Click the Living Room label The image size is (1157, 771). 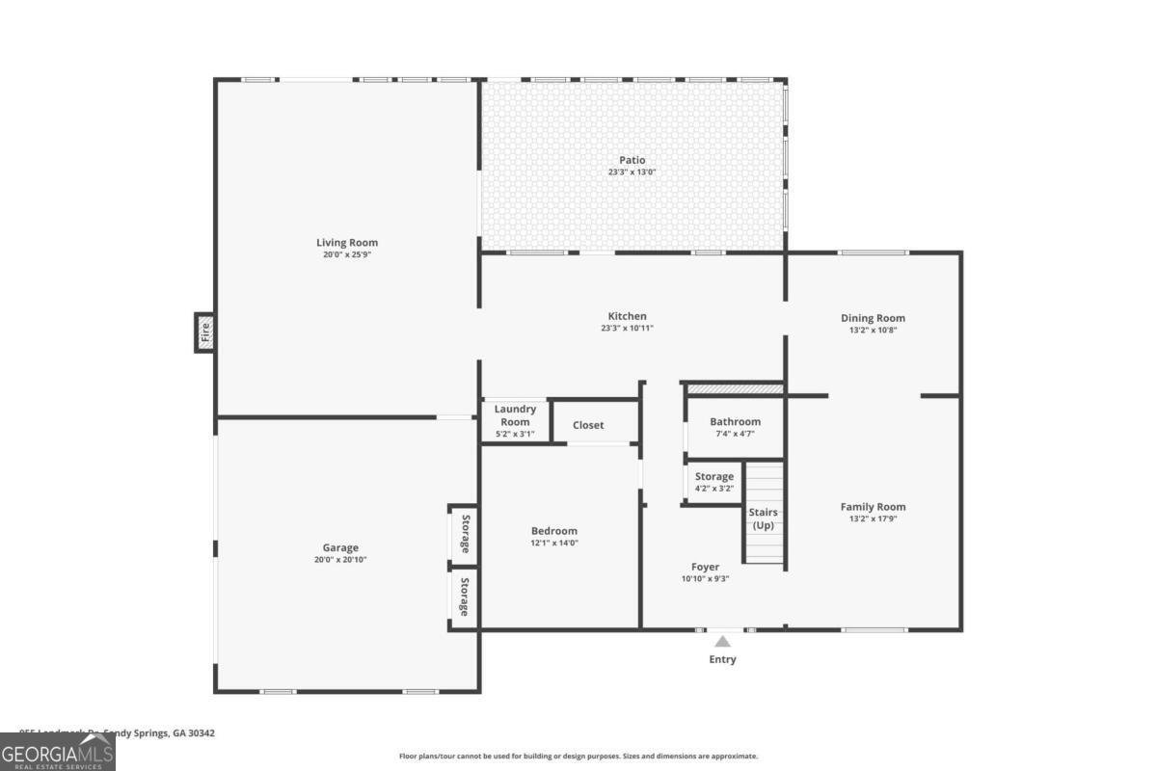point(347,243)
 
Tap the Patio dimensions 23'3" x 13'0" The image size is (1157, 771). point(632,173)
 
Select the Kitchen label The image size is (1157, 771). point(627,316)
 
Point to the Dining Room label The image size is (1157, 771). point(873,318)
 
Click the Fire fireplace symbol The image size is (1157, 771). point(204,332)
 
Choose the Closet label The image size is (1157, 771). point(588,425)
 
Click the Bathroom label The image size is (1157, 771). point(735,421)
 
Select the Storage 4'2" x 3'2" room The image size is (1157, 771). point(713,482)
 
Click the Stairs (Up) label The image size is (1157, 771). point(763,518)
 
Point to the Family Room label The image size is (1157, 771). point(873,507)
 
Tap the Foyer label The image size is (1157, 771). point(705,567)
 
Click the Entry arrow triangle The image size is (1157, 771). point(722,641)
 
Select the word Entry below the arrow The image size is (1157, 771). point(722,659)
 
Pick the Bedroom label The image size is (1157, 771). point(554,531)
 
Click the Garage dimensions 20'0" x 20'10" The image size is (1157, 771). point(340,560)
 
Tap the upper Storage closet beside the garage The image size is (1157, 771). point(464,533)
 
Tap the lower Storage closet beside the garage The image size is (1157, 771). point(464,598)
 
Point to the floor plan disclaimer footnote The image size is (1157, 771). point(578,757)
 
